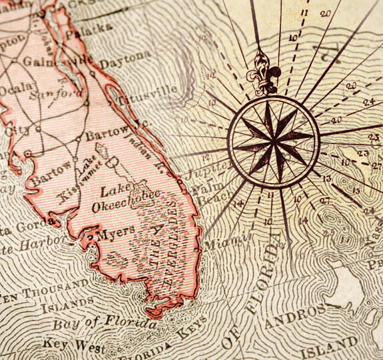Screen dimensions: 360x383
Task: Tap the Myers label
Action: (x=113, y=235)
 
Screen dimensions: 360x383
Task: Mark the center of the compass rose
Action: (x=274, y=141)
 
